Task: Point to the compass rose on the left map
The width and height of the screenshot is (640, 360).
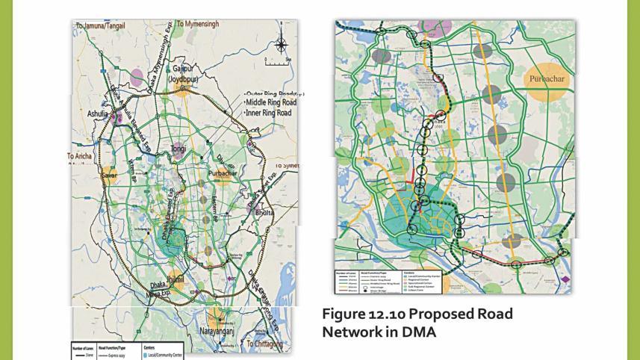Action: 279,43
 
